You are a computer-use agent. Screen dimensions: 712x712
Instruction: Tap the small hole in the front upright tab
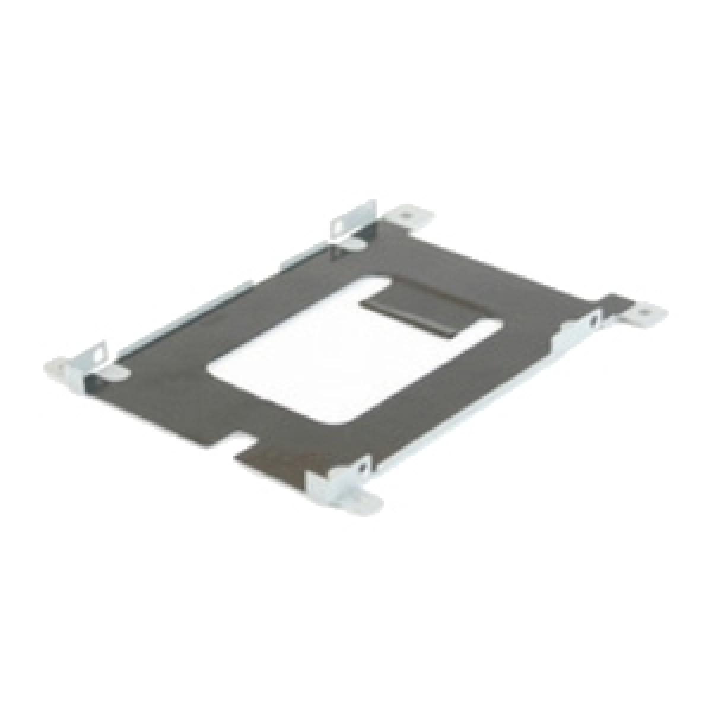pyautogui.click(x=360, y=469)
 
